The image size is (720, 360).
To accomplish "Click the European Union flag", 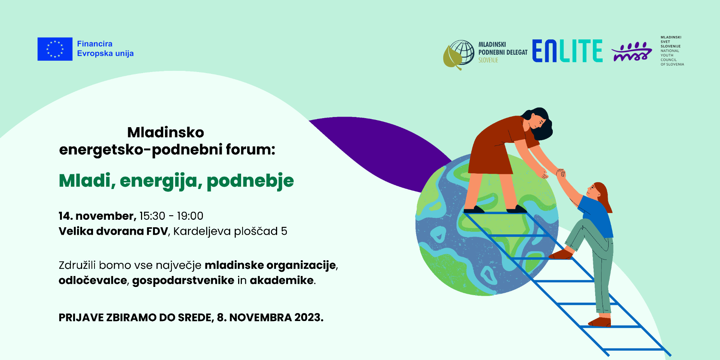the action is coord(55,49).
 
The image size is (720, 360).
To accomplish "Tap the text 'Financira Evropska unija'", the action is coord(105,49).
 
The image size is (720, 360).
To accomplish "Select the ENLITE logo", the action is coord(567,51).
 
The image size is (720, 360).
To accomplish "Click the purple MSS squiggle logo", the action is coord(632,52).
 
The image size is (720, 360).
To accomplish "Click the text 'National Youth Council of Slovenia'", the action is coord(672,57).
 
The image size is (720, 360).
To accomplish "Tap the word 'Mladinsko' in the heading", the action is coord(165,132).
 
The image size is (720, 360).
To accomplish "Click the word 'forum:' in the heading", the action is coord(250,149).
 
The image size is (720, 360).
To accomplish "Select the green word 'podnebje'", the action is coord(250,181).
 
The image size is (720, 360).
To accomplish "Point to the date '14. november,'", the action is coord(97,216).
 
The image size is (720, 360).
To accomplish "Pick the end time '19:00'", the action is coord(190,216).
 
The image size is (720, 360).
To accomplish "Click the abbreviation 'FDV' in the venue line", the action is coord(157,231).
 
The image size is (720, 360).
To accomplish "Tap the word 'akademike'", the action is coord(282,280).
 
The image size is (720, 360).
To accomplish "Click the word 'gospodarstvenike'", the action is coord(183,280).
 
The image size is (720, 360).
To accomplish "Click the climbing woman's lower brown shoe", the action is coord(600,322).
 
